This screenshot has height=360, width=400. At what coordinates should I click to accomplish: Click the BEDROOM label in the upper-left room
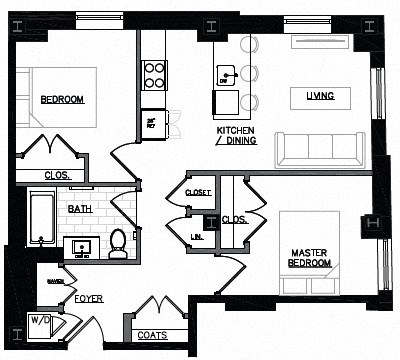point(62,99)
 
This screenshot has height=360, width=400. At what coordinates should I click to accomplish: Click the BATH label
point(80,209)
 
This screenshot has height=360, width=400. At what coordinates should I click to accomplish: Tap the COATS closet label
point(152,335)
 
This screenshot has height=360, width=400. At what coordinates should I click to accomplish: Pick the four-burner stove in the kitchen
point(154,75)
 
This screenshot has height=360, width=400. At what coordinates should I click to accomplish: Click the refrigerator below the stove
point(153,120)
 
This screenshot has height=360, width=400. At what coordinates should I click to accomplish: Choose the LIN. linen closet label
point(196,236)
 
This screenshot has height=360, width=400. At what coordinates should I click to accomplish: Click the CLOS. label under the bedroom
point(56,176)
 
